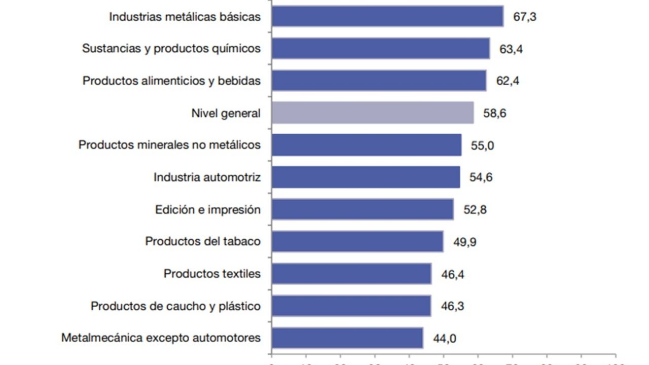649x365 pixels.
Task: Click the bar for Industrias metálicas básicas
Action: click(387, 16)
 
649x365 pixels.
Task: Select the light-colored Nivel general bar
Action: click(373, 113)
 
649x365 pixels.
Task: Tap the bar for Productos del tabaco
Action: click(357, 241)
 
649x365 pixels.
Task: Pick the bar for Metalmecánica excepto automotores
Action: click(347, 338)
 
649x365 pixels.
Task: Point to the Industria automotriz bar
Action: click(366, 177)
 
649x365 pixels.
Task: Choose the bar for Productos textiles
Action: click(351, 274)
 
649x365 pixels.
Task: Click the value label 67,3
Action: click(525, 17)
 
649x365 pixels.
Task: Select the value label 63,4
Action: click(511, 49)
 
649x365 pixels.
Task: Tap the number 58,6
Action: click(495, 113)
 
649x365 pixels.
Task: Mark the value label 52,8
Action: click(475, 210)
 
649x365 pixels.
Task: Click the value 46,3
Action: click(452, 306)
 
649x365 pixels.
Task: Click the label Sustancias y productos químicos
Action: click(171, 49)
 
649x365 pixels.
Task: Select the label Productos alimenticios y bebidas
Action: click(171, 81)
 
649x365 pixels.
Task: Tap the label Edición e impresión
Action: click(208, 210)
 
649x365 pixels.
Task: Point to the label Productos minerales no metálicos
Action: click(169, 145)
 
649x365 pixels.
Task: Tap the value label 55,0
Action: click(482, 145)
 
